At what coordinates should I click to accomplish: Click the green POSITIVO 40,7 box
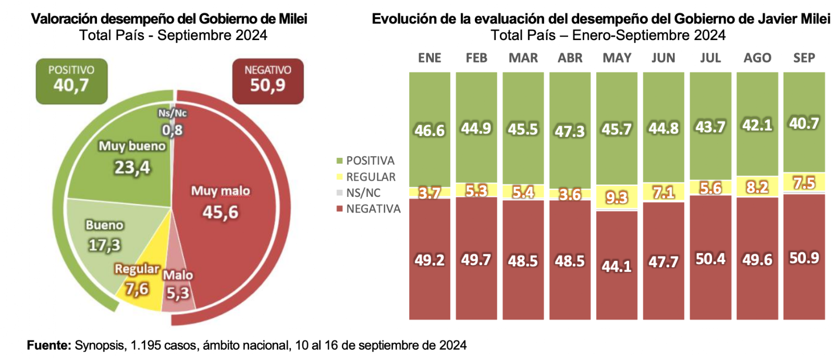(x=71, y=81)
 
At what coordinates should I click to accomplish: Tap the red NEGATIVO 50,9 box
(x=268, y=81)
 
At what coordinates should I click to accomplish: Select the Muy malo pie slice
(x=224, y=208)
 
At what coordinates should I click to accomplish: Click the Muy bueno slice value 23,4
(x=132, y=168)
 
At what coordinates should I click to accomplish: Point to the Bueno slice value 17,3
(x=104, y=245)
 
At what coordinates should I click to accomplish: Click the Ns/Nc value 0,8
(x=172, y=130)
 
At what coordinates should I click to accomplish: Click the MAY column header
(x=617, y=58)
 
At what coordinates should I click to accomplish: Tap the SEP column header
(x=804, y=58)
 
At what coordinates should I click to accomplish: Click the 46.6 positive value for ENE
(x=430, y=130)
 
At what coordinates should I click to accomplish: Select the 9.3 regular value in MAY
(x=617, y=198)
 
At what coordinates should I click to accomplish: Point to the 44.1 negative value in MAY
(x=617, y=267)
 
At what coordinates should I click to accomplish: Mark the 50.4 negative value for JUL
(x=710, y=259)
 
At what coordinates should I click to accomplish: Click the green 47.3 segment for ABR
(x=570, y=131)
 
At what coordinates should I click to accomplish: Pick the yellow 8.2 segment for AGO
(x=757, y=187)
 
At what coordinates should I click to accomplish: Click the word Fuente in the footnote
(x=48, y=345)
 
